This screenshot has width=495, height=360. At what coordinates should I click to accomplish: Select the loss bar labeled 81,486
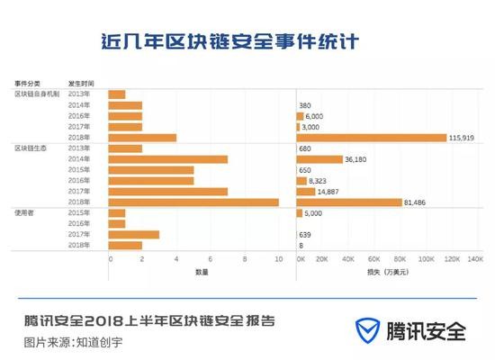pyautogui.click(x=349, y=202)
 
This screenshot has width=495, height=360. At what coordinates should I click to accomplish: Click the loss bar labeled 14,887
pyautogui.click(x=306, y=192)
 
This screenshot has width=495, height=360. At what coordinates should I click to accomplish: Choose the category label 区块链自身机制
pyautogui.click(x=35, y=94)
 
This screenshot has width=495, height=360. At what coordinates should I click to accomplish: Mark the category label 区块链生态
pyautogui.click(x=30, y=148)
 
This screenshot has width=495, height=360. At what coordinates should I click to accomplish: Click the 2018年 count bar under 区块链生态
pyautogui.click(x=193, y=202)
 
